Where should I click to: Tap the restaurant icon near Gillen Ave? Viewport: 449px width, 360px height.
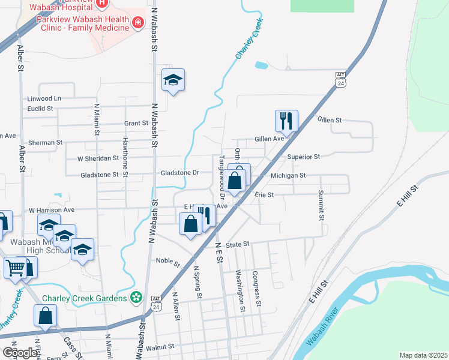click(x=286, y=121)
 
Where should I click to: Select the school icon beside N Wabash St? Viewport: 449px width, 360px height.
click(x=173, y=80)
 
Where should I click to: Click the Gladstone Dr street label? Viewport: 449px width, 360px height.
click(x=179, y=173)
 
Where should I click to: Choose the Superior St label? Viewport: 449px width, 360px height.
click(x=303, y=157)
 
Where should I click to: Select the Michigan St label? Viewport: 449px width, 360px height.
click(x=288, y=176)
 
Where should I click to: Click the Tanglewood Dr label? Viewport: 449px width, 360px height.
click(x=221, y=178)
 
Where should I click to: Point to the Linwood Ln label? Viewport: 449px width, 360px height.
click(x=44, y=98)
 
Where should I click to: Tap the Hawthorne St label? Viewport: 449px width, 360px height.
click(x=125, y=157)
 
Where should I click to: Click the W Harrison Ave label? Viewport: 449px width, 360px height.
click(x=52, y=210)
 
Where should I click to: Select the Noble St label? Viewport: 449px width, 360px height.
click(x=168, y=262)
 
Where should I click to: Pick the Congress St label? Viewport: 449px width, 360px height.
click(x=256, y=288)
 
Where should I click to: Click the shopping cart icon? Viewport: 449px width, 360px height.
click(x=16, y=267)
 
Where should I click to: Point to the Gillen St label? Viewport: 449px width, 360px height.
click(x=329, y=120)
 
